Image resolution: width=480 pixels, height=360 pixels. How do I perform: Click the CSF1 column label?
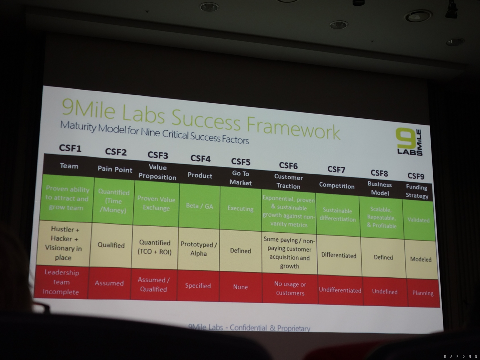tap(70, 148)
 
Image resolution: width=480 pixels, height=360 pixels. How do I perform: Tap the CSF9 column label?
tap(416, 176)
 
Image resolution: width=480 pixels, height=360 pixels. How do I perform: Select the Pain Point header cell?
tap(115, 169)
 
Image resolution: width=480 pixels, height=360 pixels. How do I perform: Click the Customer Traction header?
tap(288, 181)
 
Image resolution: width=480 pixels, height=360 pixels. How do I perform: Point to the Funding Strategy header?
tap(417, 191)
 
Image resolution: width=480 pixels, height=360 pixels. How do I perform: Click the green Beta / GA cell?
tap(199, 206)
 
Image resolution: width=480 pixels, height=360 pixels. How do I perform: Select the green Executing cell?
tap(241, 209)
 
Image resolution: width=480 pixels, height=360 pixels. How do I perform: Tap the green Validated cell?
tap(419, 220)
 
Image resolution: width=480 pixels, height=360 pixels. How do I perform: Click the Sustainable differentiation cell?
tap(338, 215)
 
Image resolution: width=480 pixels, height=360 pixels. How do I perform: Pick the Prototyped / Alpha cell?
tap(198, 249)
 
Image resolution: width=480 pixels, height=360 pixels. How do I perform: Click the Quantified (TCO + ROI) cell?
tap(154, 247)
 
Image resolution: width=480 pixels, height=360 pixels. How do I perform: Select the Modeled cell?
tap(421, 260)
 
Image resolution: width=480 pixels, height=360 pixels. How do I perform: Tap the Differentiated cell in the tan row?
tap(339, 255)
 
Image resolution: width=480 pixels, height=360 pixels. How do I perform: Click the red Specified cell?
tap(198, 286)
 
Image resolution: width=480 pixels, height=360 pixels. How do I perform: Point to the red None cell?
tap(240, 287)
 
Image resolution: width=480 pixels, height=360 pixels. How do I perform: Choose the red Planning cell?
tap(423, 293)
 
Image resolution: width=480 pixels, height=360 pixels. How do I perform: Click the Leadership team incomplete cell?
tap(61, 282)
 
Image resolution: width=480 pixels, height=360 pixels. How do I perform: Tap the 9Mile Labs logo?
tap(409, 142)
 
